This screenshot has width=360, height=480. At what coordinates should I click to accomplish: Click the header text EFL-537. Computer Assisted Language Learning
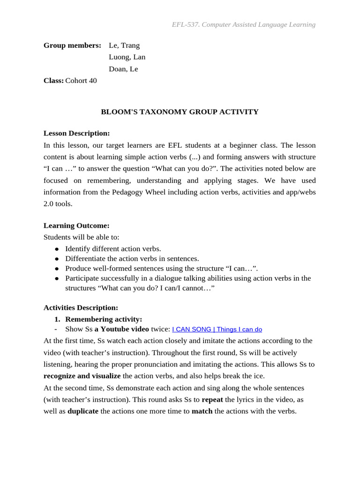click(243, 24)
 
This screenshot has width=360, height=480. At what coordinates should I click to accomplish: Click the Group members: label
click(72, 45)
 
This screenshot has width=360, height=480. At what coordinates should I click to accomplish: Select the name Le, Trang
click(124, 45)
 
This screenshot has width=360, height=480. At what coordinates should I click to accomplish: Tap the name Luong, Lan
click(127, 57)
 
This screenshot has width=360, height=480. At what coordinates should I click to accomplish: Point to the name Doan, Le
click(123, 69)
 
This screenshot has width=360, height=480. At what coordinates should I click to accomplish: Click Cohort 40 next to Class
click(81, 81)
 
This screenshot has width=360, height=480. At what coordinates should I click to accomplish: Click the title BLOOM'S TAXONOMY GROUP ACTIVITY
click(180, 112)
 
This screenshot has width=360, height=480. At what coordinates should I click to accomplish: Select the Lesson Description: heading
click(76, 134)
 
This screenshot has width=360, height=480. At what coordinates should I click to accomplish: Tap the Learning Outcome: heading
click(76, 225)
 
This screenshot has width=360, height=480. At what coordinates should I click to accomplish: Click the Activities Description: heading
click(81, 307)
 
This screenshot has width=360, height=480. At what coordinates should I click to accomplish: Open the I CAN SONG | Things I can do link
click(217, 330)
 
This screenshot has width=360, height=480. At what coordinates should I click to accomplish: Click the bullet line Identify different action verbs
click(113, 249)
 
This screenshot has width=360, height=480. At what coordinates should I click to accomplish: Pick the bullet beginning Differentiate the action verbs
click(132, 259)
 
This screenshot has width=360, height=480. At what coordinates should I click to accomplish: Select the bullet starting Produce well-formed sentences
click(161, 269)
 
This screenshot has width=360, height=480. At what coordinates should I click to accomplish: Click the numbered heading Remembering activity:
click(103, 319)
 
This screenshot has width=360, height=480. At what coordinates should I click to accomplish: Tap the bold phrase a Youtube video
click(122, 329)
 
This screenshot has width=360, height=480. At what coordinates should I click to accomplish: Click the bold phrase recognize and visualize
click(82, 376)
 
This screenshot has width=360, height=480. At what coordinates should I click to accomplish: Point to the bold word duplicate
click(83, 411)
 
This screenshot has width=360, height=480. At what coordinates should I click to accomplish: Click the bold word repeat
click(212, 400)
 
